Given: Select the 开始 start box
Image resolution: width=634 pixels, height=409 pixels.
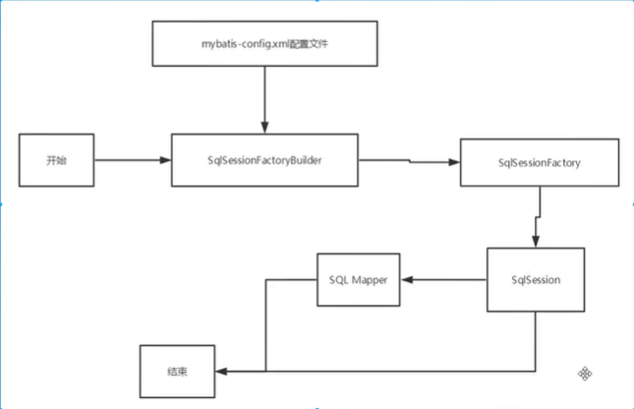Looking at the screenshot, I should click(x=57, y=157).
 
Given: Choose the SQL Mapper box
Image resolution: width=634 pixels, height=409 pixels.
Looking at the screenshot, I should click(x=358, y=279).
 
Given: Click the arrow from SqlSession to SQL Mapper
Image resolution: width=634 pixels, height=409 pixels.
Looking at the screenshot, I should click(x=443, y=280).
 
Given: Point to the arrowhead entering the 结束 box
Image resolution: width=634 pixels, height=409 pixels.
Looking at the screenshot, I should click(x=221, y=372).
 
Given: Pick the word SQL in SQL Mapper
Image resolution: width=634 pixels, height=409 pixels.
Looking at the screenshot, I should click(x=338, y=279).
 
